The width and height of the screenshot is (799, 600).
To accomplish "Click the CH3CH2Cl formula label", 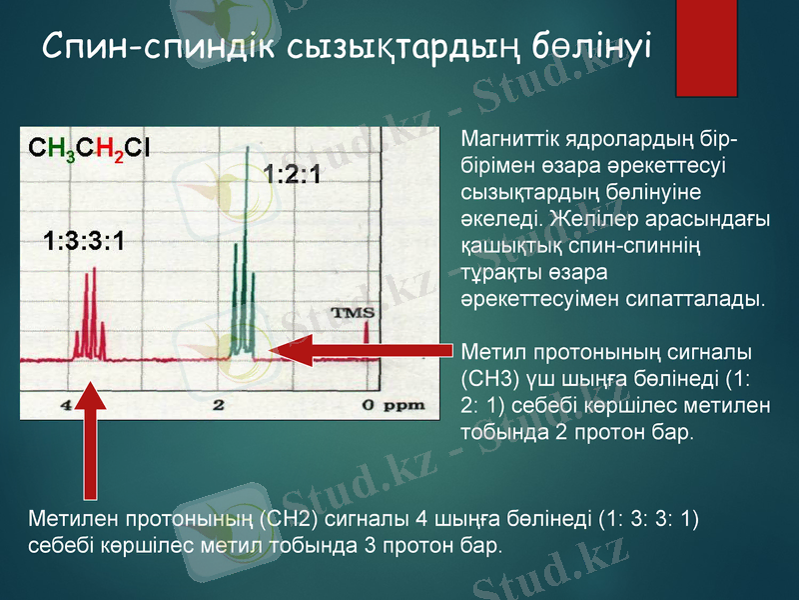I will tap(90, 149).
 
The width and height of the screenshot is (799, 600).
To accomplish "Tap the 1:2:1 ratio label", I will tap(292, 176).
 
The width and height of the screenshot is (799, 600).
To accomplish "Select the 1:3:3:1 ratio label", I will tap(84, 241).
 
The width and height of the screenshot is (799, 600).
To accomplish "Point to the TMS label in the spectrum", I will tap(353, 313).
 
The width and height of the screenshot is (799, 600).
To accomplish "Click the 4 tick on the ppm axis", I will tap(65, 405).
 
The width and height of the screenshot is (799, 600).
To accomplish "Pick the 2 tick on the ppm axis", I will tap(218, 405).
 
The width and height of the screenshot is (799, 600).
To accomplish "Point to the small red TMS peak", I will tap(367, 340).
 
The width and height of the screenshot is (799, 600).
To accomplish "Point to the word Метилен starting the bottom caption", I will tap(70, 520).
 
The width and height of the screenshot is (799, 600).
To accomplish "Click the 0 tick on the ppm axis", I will tap(368, 405).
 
